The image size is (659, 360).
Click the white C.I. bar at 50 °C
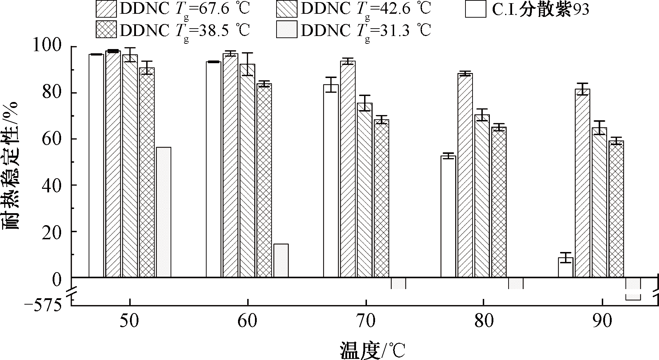[x=96, y=166]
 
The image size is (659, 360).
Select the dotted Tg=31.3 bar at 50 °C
[x=164, y=212]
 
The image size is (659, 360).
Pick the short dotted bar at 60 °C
[x=281, y=260]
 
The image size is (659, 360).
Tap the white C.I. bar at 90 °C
[x=565, y=268]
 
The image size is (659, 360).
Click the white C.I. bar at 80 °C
[x=448, y=216]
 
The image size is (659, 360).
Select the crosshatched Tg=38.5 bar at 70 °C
[x=381, y=198]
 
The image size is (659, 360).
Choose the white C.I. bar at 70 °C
[x=331, y=181]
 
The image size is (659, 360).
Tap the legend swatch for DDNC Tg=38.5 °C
[x=106, y=30]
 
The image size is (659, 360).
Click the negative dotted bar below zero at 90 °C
[x=633, y=288]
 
